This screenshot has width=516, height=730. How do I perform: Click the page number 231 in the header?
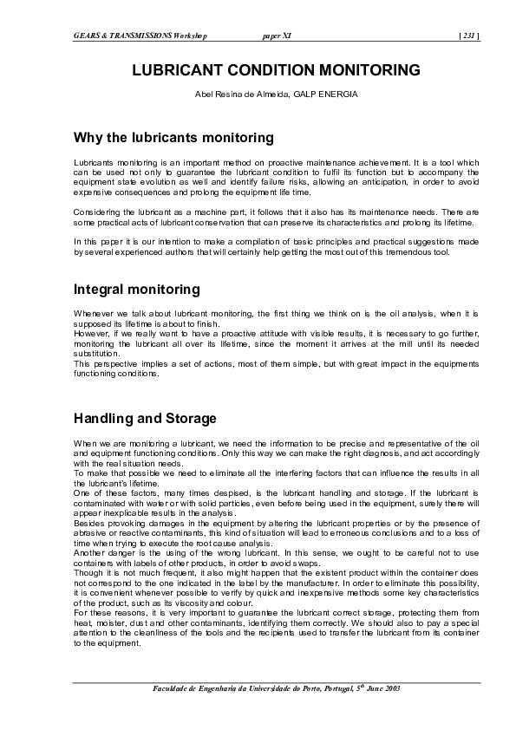coord(469,36)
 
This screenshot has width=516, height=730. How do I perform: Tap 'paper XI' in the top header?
coord(275,36)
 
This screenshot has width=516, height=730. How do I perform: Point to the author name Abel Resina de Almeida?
coord(245,93)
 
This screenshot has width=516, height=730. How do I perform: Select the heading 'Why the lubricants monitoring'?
coord(173,138)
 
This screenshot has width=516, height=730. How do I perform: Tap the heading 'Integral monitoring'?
coord(137,289)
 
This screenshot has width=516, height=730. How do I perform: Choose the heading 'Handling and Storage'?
coord(145,419)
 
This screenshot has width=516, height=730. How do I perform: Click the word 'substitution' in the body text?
coord(96,354)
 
